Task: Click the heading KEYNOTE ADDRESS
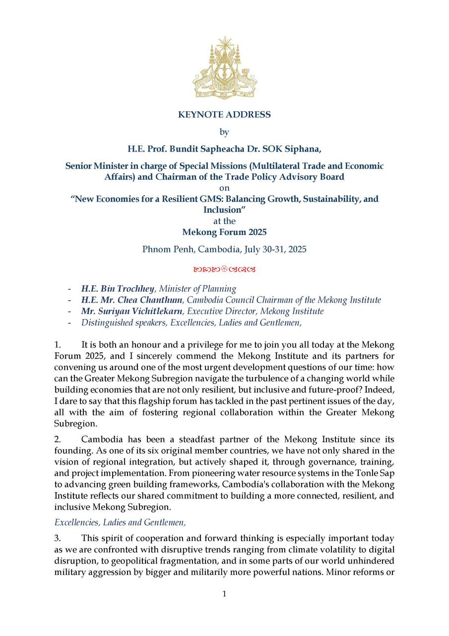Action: pyautogui.click(x=224, y=115)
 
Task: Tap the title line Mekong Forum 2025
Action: pyautogui.click(x=224, y=232)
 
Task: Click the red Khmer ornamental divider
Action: pyautogui.click(x=224, y=270)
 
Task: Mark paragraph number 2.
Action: pyautogui.click(x=58, y=439)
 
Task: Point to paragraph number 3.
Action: pyautogui.click(x=58, y=539)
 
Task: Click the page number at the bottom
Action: pyautogui.click(x=224, y=594)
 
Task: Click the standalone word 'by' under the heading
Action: pyautogui.click(x=224, y=132)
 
